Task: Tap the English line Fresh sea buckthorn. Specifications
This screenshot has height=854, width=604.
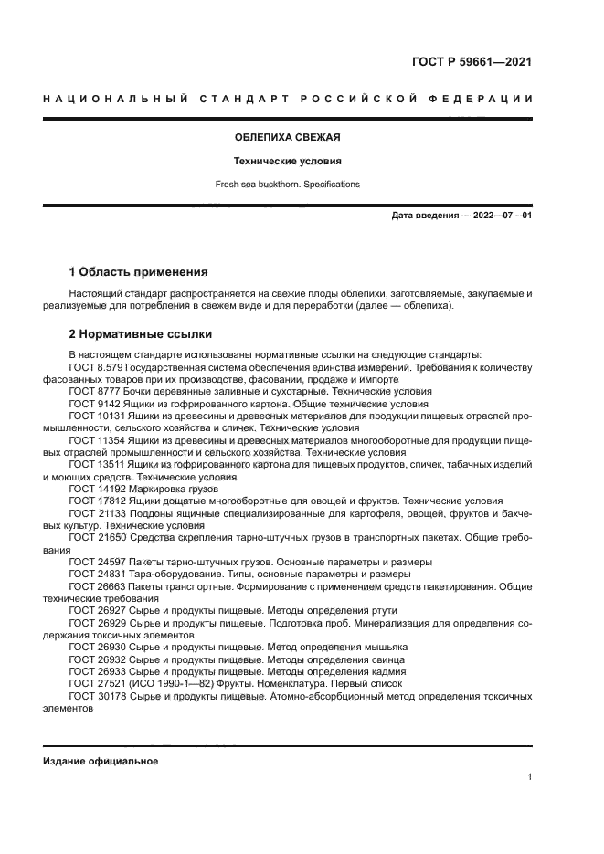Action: click(x=287, y=184)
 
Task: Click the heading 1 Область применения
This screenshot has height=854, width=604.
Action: click(x=139, y=272)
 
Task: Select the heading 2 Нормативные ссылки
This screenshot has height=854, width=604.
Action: click(x=140, y=333)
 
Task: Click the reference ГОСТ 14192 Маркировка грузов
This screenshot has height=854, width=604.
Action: click(x=132, y=489)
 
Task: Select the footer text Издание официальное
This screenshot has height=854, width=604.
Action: click(x=101, y=761)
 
